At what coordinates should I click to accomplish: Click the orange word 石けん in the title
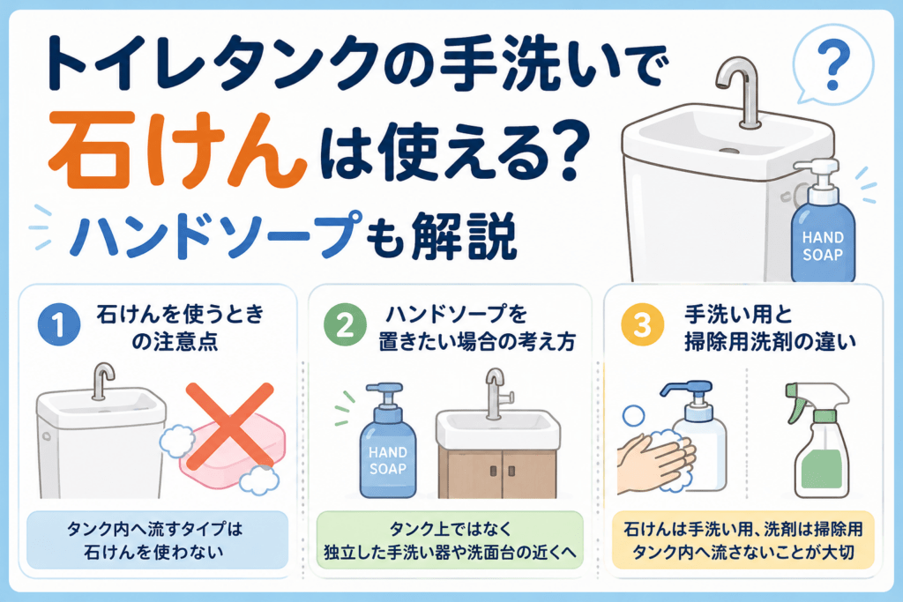point(177,151)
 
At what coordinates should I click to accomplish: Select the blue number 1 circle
point(59,324)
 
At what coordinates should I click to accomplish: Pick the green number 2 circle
point(345,324)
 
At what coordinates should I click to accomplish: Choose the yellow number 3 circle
point(642,324)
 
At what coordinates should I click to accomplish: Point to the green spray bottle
point(818,441)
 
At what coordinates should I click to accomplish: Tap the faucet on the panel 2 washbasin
point(496,394)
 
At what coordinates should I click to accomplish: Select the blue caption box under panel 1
point(157,539)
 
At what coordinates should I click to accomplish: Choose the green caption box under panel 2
point(450,539)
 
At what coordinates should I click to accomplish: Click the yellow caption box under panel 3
point(743,539)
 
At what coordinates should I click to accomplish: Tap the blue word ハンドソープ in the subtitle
point(216,234)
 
